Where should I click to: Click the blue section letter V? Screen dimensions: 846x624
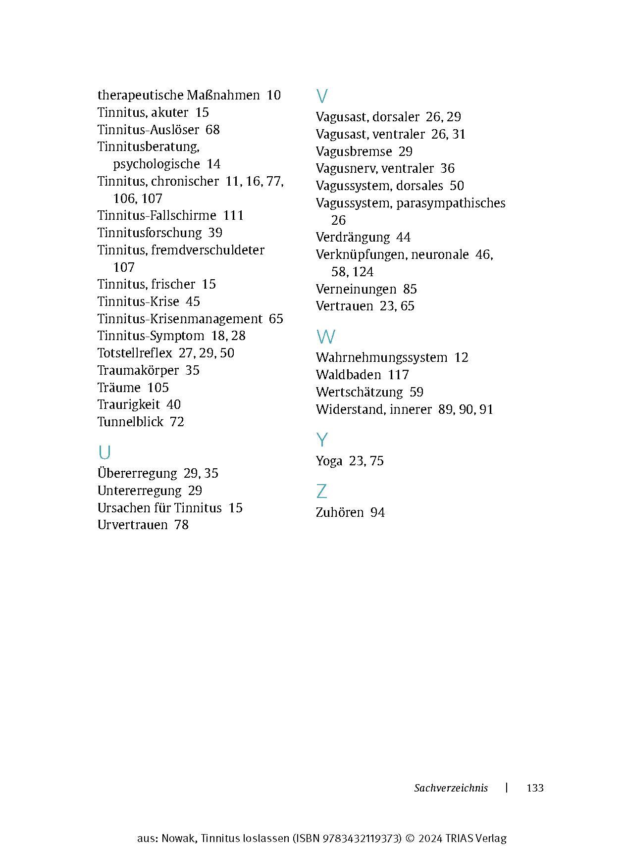coord(322,96)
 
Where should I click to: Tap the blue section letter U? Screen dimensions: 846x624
coord(104,452)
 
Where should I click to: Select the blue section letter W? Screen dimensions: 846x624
coord(325,337)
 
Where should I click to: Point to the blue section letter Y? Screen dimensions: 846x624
coord(322,440)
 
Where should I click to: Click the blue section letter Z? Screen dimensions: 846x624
coord(321,492)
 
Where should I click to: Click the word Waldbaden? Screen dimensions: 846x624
coord(348,375)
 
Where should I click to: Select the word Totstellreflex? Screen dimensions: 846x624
coord(134,353)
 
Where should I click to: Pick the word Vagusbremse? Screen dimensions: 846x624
coord(354,151)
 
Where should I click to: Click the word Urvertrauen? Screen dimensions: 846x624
coord(132,525)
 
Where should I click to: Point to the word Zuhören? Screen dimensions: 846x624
coord(339,512)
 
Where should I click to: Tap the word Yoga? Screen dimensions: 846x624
coord(329,461)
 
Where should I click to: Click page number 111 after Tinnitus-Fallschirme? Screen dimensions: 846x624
coord(233,216)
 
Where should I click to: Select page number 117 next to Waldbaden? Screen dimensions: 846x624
coord(398,375)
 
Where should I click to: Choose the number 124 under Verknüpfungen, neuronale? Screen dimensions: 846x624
coord(363,272)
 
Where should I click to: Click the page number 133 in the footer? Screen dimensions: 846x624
coord(535,788)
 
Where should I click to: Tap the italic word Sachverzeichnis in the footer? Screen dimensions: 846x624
coord(451,788)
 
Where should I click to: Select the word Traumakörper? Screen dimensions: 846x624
coord(138,370)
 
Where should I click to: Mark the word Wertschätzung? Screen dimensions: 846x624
coord(359,392)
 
